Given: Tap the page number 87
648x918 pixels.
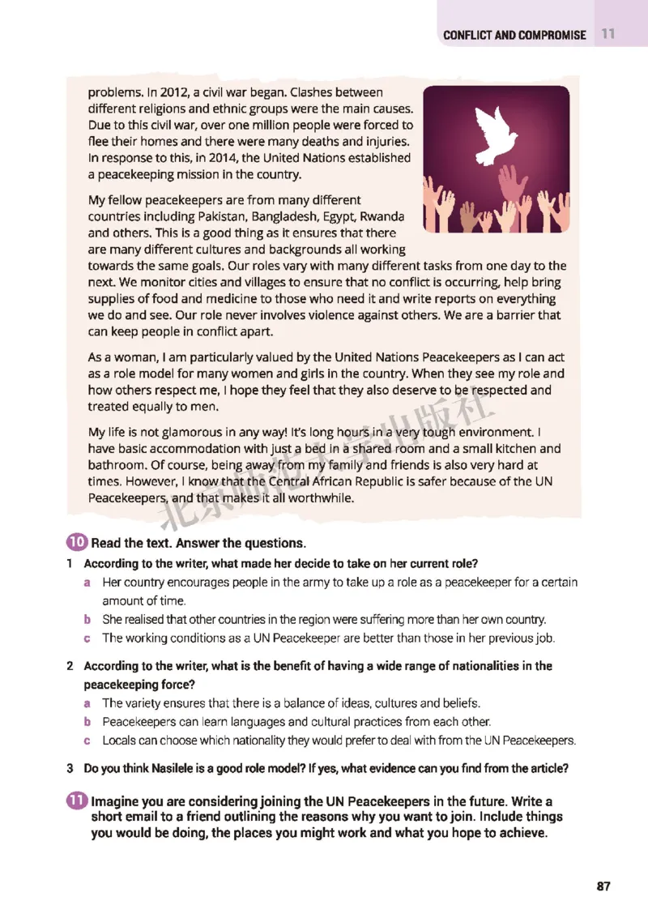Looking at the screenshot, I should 603,886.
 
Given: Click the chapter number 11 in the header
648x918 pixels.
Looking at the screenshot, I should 608,35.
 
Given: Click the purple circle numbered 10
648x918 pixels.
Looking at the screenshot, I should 78,542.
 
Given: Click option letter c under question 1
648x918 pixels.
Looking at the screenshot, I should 87,638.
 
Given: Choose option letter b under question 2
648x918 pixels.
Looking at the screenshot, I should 87,721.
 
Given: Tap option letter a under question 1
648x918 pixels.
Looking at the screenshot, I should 87,582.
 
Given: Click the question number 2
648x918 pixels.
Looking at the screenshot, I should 71,666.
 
